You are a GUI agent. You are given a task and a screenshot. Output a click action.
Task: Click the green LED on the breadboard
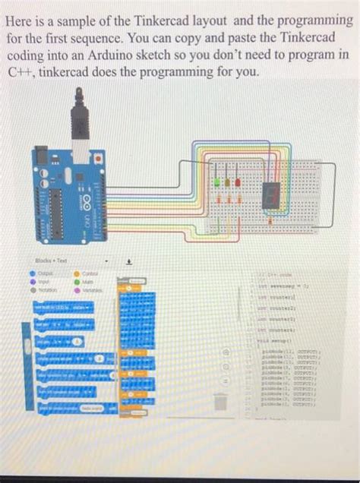point(218,184)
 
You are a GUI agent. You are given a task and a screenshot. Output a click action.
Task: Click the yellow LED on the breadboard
point(228,183)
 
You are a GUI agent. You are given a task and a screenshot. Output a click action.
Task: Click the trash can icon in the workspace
point(218,400)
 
